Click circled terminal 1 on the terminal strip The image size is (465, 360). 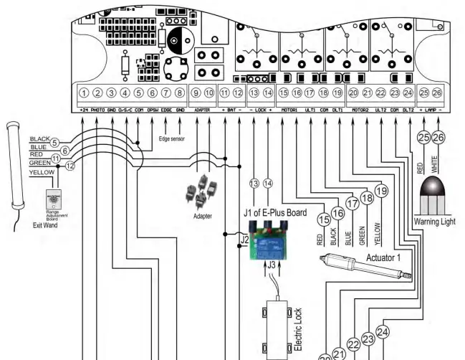pyautogui.click(x=85, y=93)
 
